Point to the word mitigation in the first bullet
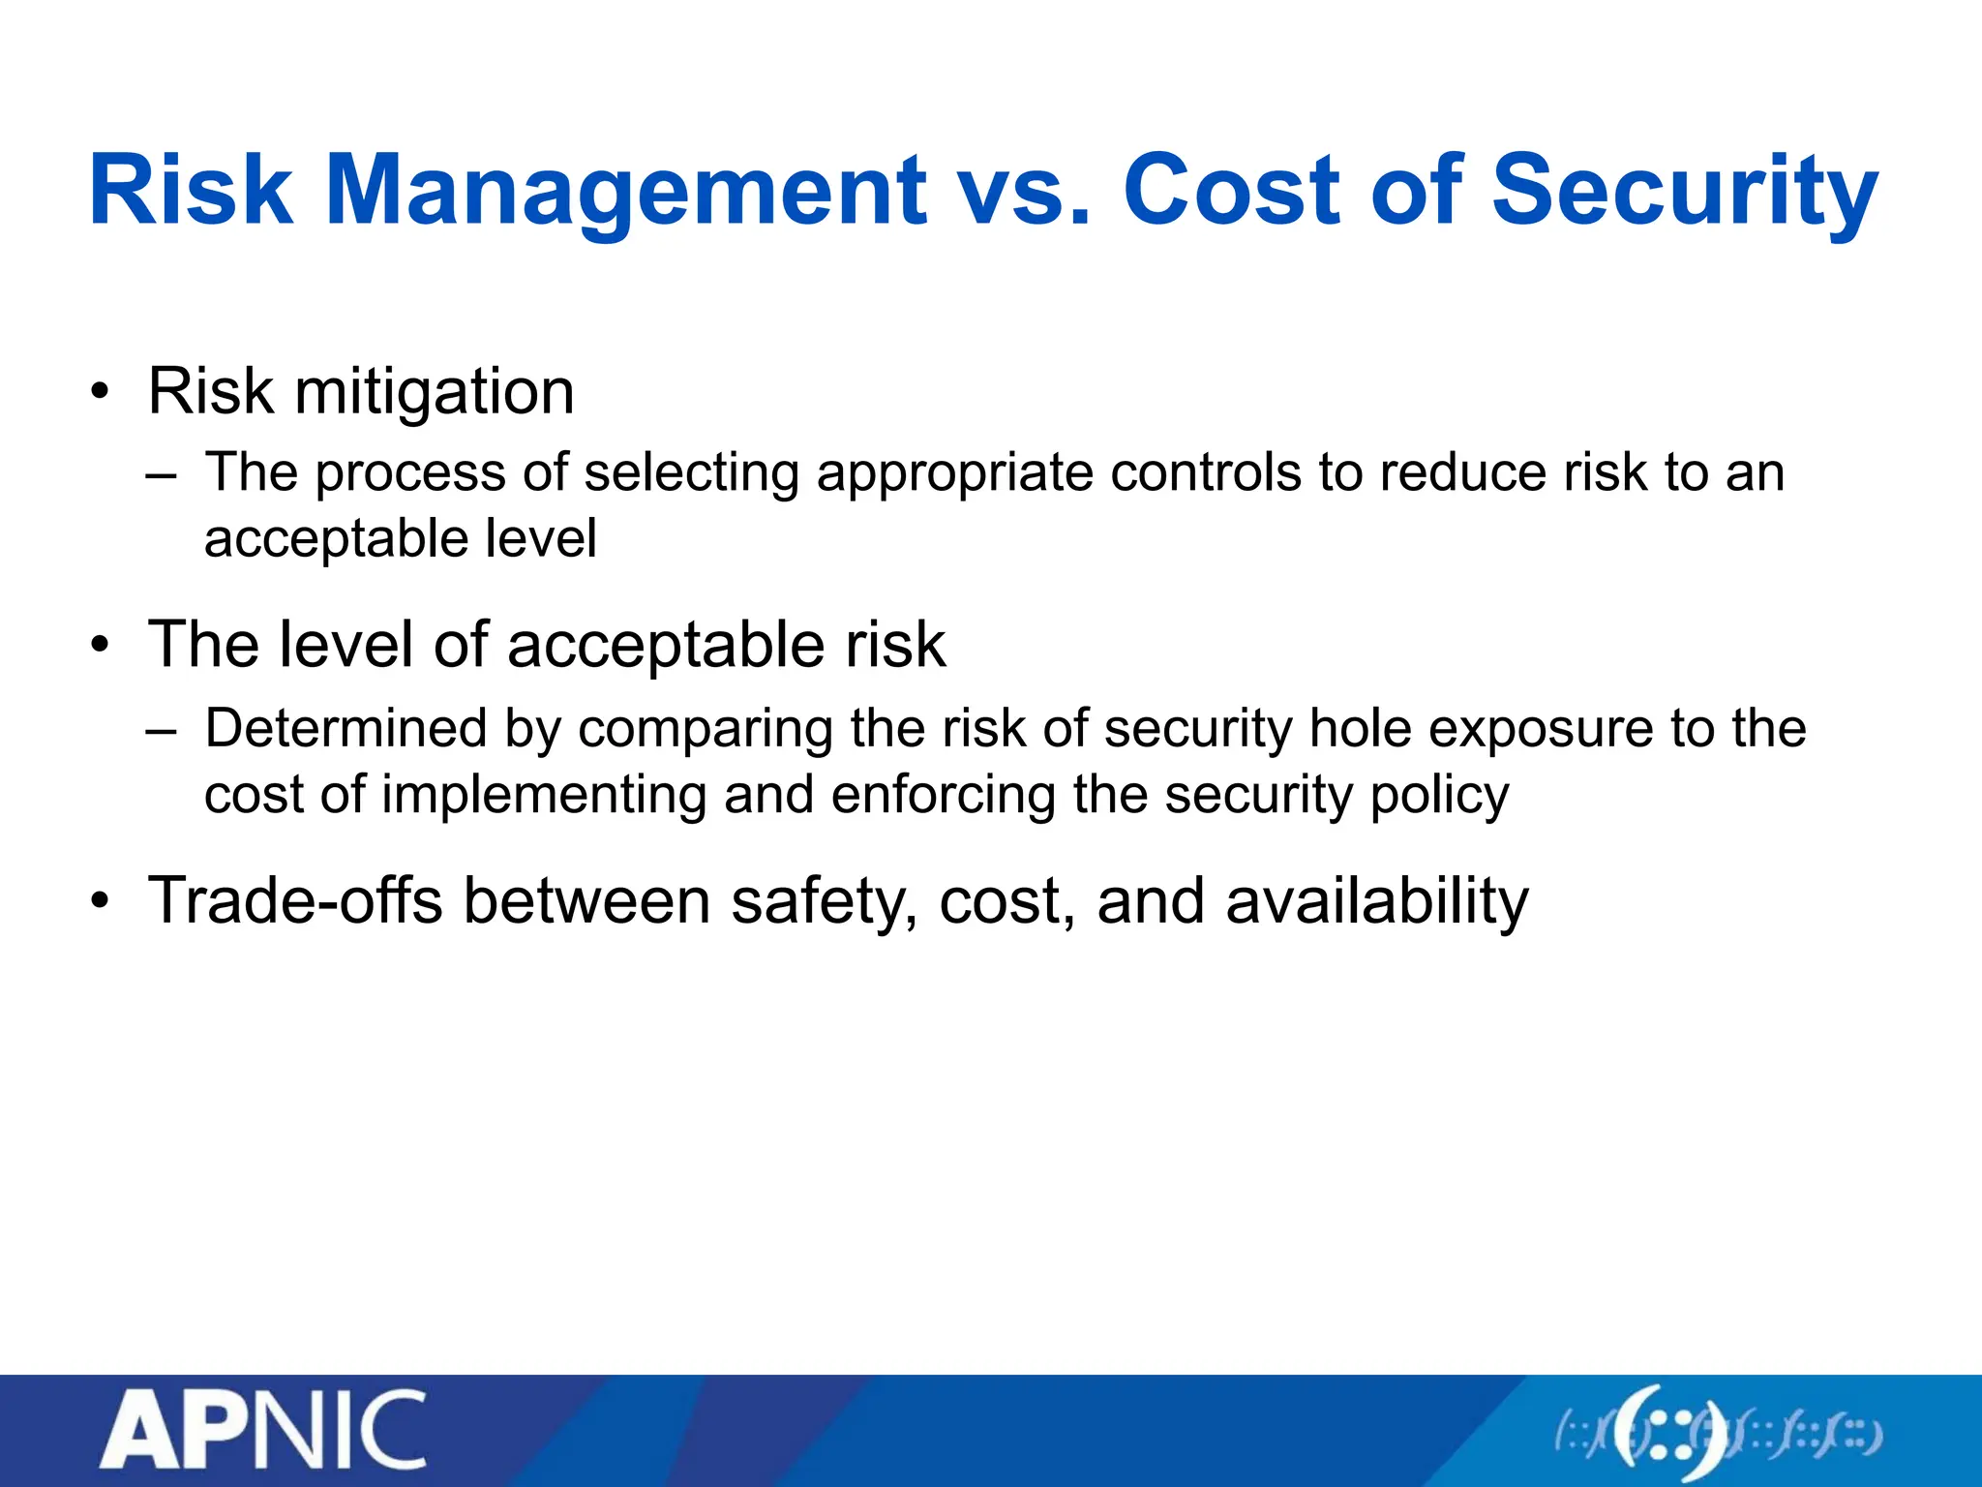click(x=434, y=392)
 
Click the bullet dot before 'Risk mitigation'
click(x=99, y=394)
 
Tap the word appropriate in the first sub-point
click(x=954, y=473)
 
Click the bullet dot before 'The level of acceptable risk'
click(x=99, y=647)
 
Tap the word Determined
click(x=345, y=728)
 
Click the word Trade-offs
click(x=294, y=901)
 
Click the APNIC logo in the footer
click(x=262, y=1430)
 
